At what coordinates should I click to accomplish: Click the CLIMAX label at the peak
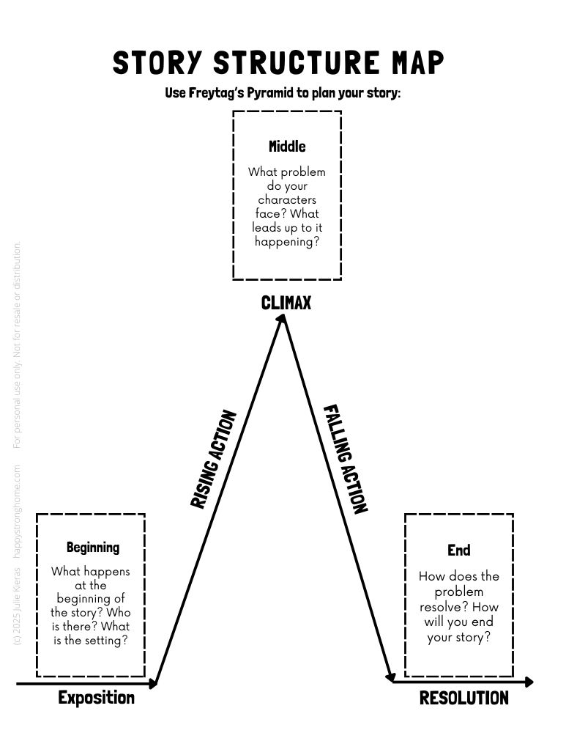pyautogui.click(x=286, y=302)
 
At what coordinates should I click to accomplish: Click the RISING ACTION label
pyautogui.click(x=214, y=460)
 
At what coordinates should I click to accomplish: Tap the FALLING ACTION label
pyautogui.click(x=345, y=459)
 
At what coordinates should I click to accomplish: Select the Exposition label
pyautogui.click(x=96, y=698)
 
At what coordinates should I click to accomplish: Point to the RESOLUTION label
pyautogui.click(x=463, y=699)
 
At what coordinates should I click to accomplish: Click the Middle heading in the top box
pyautogui.click(x=287, y=146)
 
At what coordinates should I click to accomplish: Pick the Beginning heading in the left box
pyautogui.click(x=93, y=547)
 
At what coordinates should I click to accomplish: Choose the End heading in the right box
pyautogui.click(x=459, y=550)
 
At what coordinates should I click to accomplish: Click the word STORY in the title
pyautogui.click(x=155, y=63)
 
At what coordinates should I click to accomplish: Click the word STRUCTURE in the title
pyautogui.click(x=294, y=63)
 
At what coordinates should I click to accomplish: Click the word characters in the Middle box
pyautogui.click(x=287, y=199)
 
